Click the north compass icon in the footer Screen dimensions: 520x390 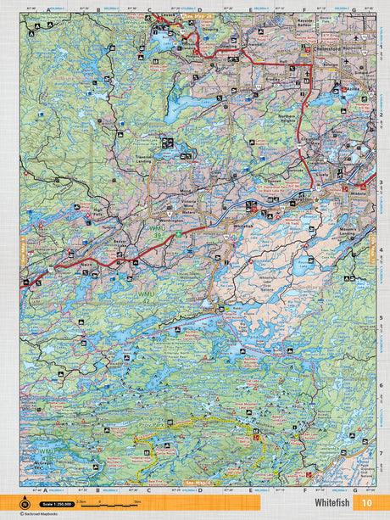tap(25, 502)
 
